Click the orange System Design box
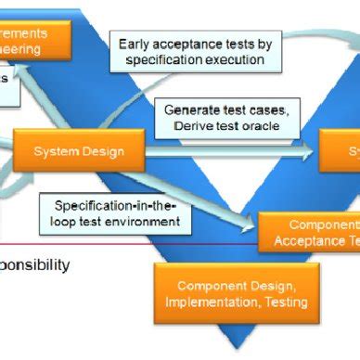(81, 150)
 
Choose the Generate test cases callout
(231, 117)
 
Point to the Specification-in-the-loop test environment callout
(116, 213)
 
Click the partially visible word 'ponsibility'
(34, 264)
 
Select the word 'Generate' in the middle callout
(192, 109)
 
